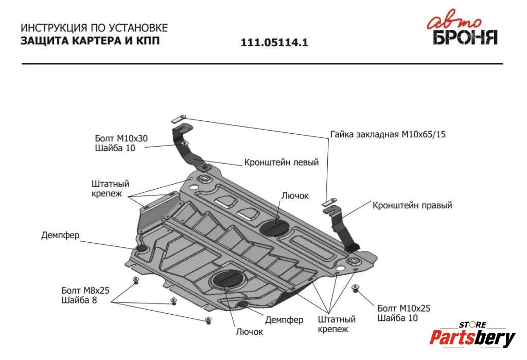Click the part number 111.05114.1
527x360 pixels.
click(274, 43)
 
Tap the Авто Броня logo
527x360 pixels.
click(464, 30)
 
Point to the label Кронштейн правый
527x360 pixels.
click(412, 205)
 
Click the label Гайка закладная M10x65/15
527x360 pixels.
click(388, 135)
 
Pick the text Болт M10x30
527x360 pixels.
click(121, 138)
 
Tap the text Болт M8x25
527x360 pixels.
click(85, 290)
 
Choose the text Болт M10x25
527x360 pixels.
click(403, 308)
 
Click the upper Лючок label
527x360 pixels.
click(295, 195)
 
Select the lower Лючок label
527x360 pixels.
click(249, 332)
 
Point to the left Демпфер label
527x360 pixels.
click(60, 236)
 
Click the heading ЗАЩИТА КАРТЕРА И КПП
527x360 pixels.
click(90, 41)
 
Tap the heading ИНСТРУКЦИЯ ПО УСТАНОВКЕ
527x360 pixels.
click(94, 28)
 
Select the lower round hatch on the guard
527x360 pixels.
click(226, 279)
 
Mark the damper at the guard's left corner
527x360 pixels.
click(141, 250)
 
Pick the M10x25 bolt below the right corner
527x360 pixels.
click(355, 287)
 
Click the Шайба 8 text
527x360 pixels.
click(79, 300)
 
